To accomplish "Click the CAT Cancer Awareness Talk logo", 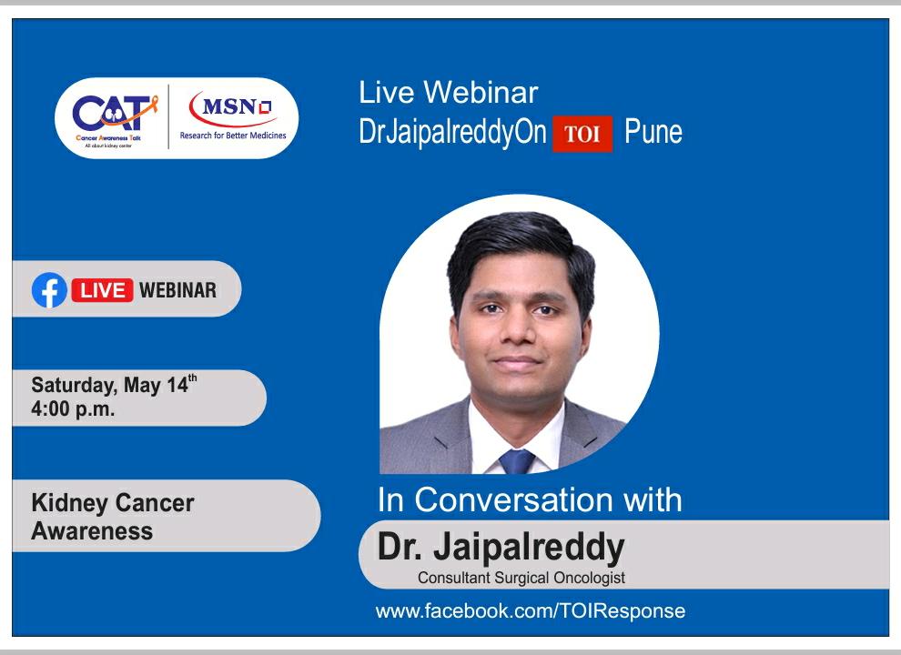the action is click(x=114, y=119).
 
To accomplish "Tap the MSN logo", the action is click(x=233, y=109).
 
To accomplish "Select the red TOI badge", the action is click(x=582, y=134).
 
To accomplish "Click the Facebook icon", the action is click(x=49, y=289).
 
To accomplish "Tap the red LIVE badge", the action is click(x=102, y=290).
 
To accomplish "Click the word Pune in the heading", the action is click(x=653, y=132).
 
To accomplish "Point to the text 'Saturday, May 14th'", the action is click(x=114, y=385).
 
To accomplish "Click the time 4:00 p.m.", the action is click(x=73, y=409).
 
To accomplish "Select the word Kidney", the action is click(x=69, y=504).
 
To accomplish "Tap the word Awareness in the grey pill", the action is click(x=92, y=531).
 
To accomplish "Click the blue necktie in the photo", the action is click(x=517, y=461).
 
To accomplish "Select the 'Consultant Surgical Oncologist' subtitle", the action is click(x=521, y=578).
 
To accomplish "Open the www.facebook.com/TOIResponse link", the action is click(x=531, y=610).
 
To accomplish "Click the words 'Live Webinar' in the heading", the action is click(x=448, y=93).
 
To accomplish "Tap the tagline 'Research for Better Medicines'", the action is click(x=233, y=136).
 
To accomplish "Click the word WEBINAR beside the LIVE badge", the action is click(x=178, y=290).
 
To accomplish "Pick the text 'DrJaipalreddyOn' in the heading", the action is click(x=452, y=133).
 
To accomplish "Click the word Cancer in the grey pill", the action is click(x=155, y=503).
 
